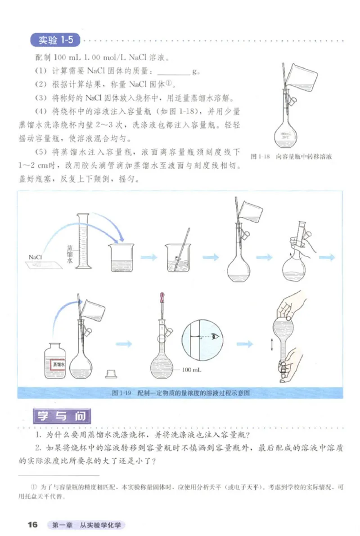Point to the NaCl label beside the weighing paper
[36, 257]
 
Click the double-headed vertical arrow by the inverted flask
[272, 345]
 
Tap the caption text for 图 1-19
[180, 393]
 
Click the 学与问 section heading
[63, 416]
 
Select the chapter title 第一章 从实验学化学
[87, 525]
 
